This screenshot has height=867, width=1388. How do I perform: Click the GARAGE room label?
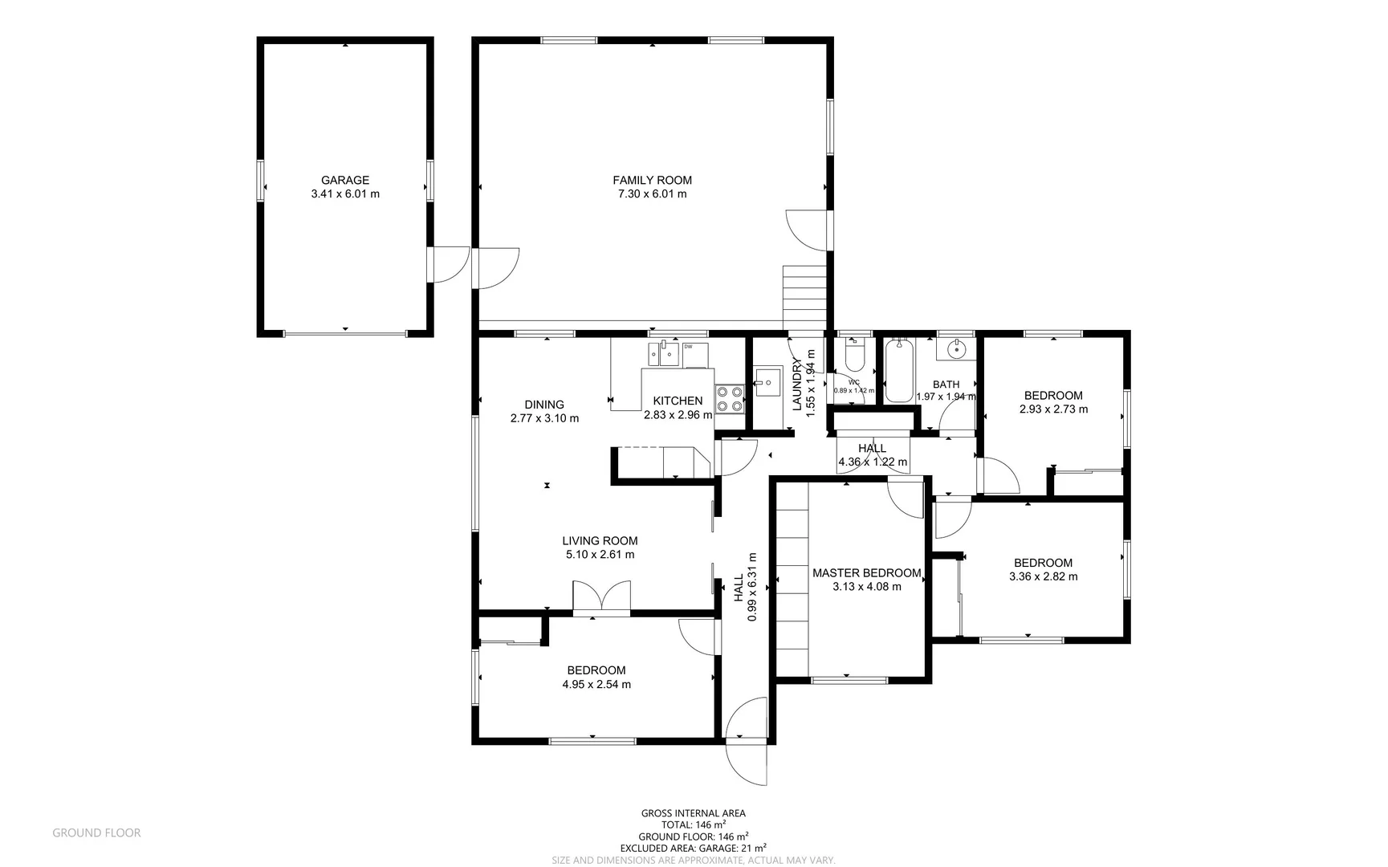click(345, 180)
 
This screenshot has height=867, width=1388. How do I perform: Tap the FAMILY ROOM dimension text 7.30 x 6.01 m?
click(652, 193)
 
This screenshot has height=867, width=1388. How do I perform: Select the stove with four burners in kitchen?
click(730, 399)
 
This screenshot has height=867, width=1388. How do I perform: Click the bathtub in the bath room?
click(899, 371)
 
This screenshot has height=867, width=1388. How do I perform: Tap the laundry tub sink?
click(768, 381)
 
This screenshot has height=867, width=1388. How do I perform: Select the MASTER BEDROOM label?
click(866, 573)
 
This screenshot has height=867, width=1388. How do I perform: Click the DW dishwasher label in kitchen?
click(688, 347)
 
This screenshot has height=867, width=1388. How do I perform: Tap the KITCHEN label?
click(678, 401)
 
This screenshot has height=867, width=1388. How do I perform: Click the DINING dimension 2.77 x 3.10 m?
click(544, 418)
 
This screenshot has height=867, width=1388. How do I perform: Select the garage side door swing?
click(450, 265)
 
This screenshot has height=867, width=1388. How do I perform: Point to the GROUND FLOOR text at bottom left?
click(96, 833)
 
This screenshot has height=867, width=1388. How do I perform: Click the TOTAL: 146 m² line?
click(694, 824)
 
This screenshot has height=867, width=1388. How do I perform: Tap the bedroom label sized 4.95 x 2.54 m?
click(596, 670)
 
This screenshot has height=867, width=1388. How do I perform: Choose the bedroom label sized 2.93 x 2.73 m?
click(1053, 395)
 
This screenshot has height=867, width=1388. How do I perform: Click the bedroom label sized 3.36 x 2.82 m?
click(1043, 563)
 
